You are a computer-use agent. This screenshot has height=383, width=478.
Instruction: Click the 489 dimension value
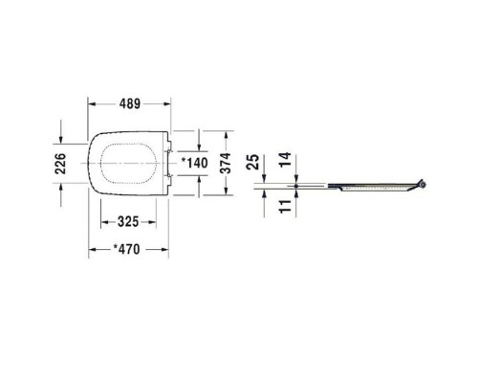[130, 103]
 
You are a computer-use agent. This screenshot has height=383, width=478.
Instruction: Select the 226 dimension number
[60, 164]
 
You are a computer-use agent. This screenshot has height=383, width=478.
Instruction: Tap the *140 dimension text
[194, 163]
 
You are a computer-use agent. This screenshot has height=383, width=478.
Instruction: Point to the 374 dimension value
[226, 163]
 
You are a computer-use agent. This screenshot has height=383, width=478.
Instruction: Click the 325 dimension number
[128, 222]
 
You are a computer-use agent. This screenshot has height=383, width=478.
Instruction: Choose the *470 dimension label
[127, 249]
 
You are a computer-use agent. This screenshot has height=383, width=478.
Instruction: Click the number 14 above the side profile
[285, 159]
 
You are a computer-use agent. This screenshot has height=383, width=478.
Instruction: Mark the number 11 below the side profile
[285, 206]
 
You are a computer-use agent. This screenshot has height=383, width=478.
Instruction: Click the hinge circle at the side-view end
[423, 185]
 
